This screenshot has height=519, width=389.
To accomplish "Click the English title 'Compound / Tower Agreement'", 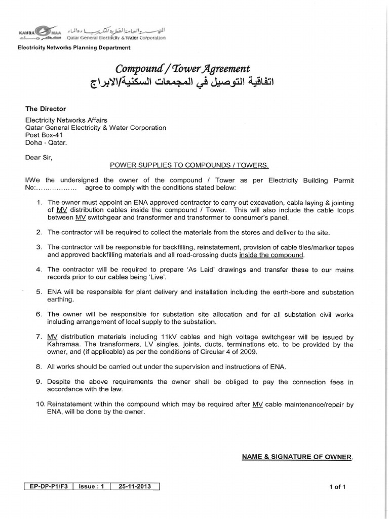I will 183,68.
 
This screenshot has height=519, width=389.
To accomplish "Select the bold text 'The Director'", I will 46,109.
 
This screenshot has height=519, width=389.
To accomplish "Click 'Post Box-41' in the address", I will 43,136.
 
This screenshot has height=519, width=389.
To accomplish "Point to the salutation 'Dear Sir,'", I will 38,157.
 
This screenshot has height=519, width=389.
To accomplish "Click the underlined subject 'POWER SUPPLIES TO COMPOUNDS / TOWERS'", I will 189,166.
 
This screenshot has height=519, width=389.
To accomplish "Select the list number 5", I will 39,292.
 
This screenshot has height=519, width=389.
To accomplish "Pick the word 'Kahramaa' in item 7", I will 63,345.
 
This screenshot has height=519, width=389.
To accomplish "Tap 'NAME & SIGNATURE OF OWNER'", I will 297,457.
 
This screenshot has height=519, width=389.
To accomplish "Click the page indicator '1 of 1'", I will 337,488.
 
